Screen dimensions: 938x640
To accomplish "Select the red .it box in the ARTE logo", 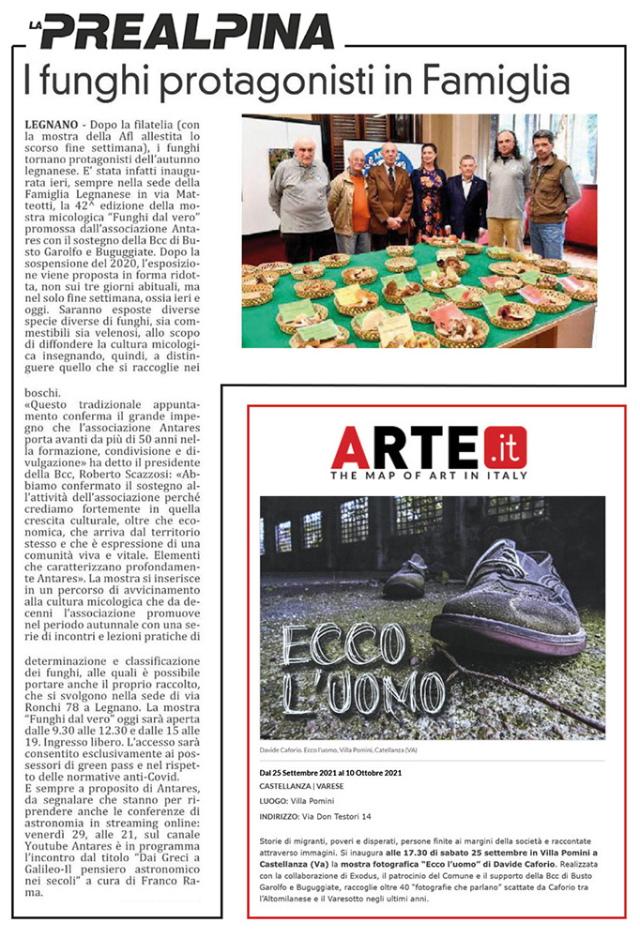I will point(505,447).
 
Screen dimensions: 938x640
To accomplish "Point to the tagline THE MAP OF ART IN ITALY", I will point(429,476).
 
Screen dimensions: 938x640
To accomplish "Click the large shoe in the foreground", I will point(507,600).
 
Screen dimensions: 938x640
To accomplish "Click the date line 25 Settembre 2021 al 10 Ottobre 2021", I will point(330,772).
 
